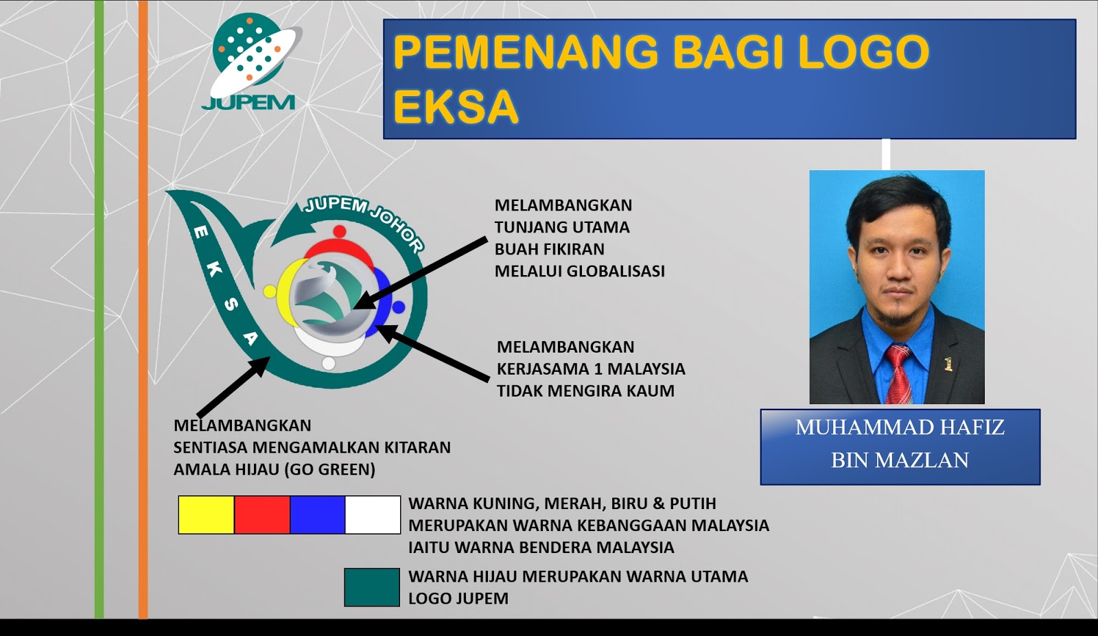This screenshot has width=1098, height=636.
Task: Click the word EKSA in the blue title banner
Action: coord(455,107)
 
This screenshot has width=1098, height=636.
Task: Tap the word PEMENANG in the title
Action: coord(526,52)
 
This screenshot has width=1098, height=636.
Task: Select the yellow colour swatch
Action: coord(206,515)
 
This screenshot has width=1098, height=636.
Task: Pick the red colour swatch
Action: coord(261,515)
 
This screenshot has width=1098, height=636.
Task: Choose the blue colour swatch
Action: coord(317,515)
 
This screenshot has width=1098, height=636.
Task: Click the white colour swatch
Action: coord(373,515)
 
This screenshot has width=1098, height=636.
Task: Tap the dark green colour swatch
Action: coord(372,587)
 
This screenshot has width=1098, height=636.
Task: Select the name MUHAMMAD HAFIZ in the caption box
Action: coord(900,427)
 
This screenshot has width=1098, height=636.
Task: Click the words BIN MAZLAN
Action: coord(900,460)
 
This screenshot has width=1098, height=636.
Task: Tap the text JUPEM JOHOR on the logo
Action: coord(364,220)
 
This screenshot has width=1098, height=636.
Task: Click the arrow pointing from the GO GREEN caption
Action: coord(233,388)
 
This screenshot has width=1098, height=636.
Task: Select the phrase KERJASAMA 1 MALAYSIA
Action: coord(591,369)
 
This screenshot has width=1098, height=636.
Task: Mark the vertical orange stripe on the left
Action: coord(143,309)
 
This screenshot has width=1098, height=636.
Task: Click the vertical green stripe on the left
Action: coord(100,309)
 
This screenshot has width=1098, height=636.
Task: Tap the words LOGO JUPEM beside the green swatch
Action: coord(458,598)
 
